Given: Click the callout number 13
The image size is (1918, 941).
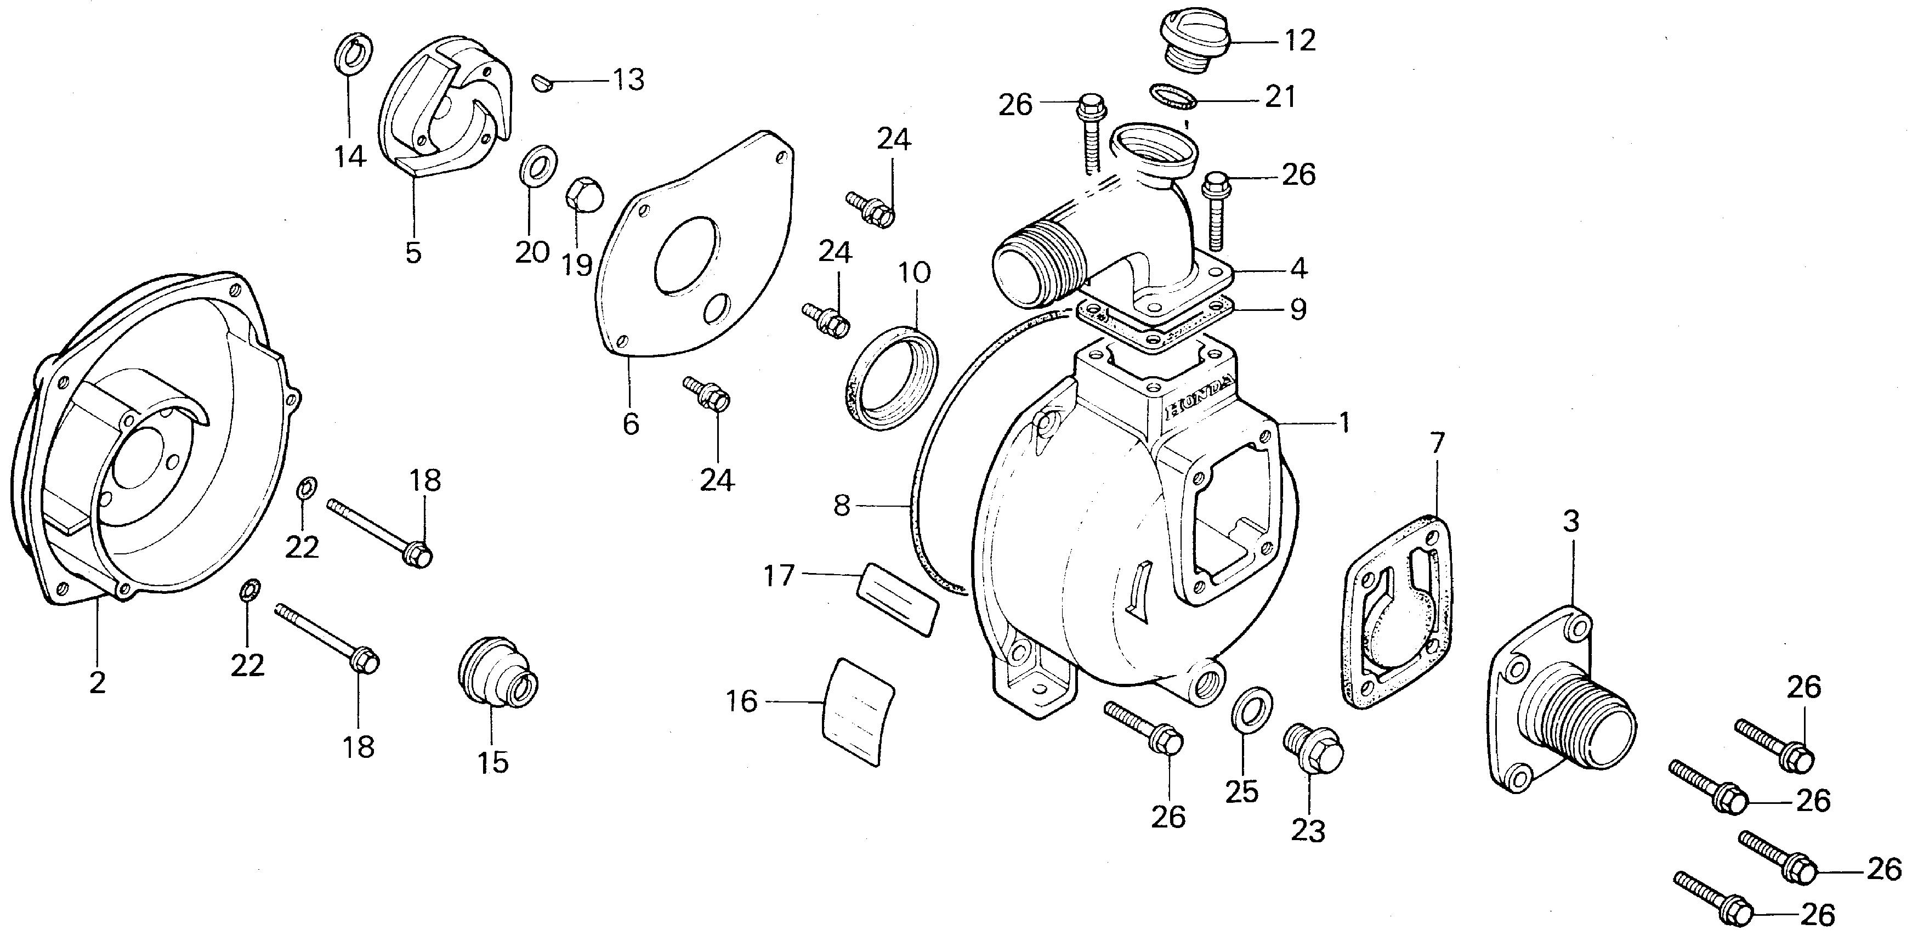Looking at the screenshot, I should (x=628, y=80).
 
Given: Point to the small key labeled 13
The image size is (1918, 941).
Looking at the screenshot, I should (x=543, y=82).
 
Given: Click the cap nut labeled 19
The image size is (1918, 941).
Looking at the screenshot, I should (x=582, y=196).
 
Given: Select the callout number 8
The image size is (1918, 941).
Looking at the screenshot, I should (x=841, y=506).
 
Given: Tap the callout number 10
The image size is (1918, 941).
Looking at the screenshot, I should (x=915, y=273).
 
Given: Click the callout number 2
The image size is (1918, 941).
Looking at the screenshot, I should (x=98, y=682).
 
